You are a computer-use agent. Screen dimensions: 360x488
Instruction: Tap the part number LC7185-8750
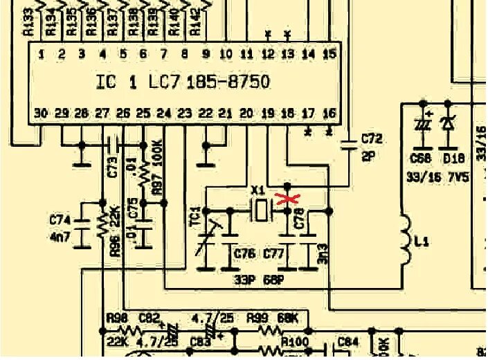(209, 82)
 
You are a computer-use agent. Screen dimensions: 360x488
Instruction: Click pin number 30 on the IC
(41, 113)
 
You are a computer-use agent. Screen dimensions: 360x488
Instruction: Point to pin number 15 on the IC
(330, 53)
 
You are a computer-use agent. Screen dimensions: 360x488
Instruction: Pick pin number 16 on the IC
(330, 113)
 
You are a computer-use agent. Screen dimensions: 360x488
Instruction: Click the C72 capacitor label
(371, 139)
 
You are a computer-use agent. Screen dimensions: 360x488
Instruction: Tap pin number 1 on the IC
(42, 53)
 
